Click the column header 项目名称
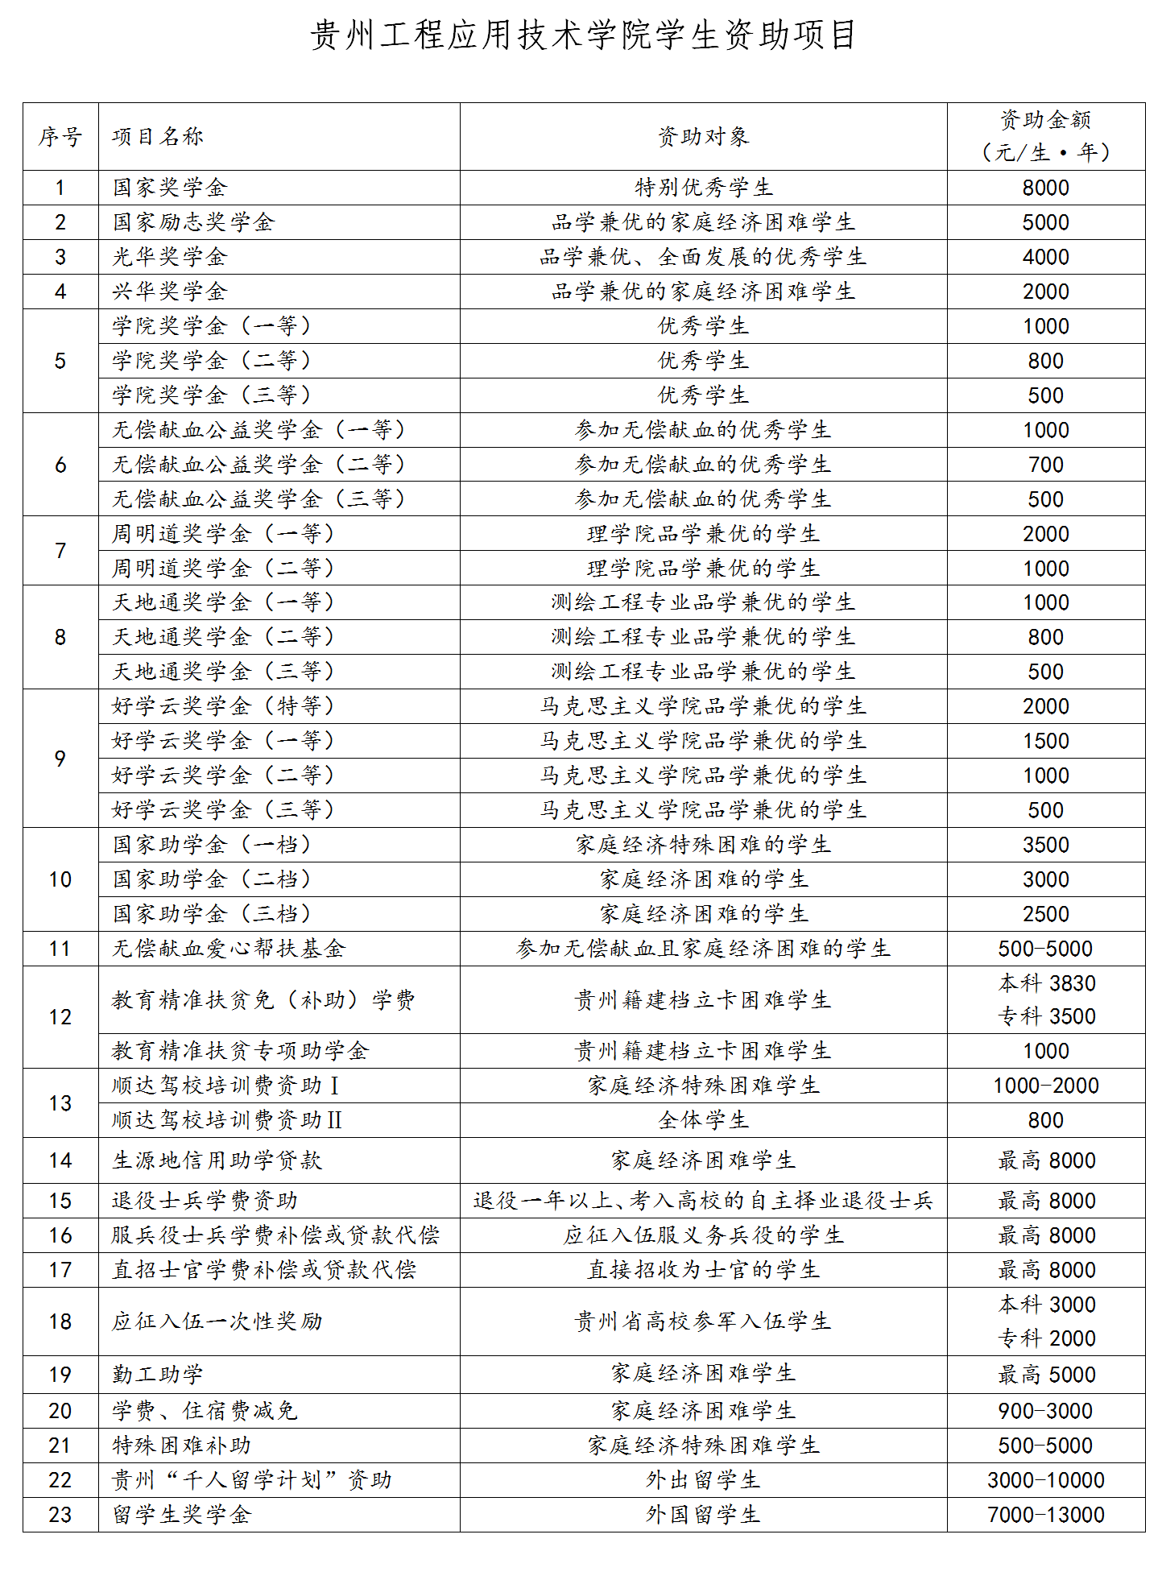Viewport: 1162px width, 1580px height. click(x=158, y=137)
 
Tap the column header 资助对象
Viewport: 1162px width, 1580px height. click(x=703, y=137)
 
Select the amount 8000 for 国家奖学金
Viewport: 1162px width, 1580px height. click(x=1045, y=188)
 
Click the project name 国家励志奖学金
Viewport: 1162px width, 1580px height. click(x=193, y=222)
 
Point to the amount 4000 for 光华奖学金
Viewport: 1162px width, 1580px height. click(x=1045, y=257)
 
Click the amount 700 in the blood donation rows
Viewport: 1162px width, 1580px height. click(x=1045, y=465)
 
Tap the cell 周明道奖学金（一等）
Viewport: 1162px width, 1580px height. click(x=223, y=533)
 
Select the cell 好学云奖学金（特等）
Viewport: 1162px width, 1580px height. click(x=223, y=706)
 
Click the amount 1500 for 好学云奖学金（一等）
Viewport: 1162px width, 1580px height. click(x=1045, y=741)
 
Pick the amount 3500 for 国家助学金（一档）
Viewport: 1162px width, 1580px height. click(x=1045, y=845)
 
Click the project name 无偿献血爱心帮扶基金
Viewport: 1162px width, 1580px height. click(x=229, y=949)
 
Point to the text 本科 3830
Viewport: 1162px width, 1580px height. click(x=1047, y=983)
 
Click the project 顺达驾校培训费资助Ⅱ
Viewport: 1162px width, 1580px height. click(x=227, y=1120)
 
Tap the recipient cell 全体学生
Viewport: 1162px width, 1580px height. click(x=703, y=1120)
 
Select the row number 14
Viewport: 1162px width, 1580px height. click(x=60, y=1160)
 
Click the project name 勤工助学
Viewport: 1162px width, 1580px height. click(x=158, y=1375)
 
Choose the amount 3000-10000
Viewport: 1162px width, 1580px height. click(x=1045, y=1480)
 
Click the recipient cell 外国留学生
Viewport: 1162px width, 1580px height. click(x=703, y=1515)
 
